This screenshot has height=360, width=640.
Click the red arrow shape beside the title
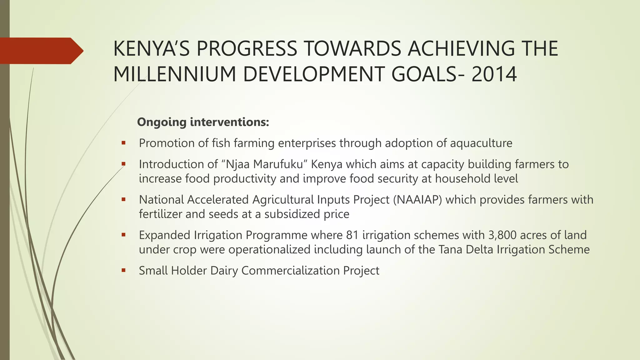point(41,51)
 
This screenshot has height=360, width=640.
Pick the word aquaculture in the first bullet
point(481,143)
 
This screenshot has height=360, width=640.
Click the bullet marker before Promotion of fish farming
point(124,143)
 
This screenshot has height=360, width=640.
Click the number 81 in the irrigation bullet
point(352,235)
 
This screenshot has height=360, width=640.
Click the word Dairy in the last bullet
point(224,271)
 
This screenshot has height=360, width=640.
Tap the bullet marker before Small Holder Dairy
point(124,271)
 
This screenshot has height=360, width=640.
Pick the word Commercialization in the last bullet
point(290,271)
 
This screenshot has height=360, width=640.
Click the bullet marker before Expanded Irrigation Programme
point(124,235)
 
